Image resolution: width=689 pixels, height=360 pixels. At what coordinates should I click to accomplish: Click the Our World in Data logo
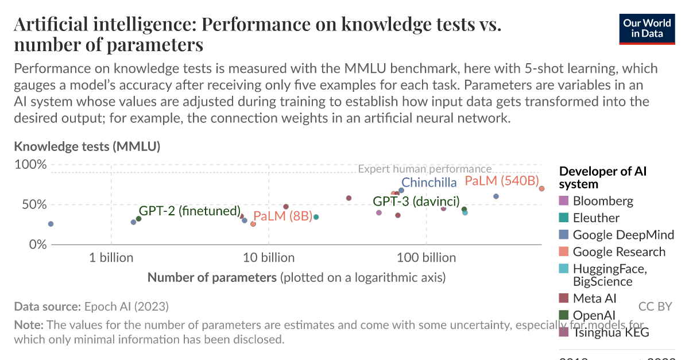tap(647, 28)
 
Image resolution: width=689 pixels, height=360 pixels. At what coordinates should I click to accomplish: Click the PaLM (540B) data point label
tap(502, 181)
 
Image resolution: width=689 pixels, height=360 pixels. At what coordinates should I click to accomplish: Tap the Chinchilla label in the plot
tap(429, 183)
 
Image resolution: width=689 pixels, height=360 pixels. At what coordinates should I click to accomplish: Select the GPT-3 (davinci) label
tap(416, 202)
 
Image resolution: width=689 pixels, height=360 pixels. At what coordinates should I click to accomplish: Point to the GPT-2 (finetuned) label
tap(189, 211)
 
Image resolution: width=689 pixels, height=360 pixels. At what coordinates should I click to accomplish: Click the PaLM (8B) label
tap(282, 216)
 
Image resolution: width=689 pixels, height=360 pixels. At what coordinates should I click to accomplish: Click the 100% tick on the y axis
tap(30, 165)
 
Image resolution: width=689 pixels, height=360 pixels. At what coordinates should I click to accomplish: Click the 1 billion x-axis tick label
tap(111, 258)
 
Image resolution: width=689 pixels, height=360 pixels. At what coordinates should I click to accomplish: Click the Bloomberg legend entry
tap(603, 201)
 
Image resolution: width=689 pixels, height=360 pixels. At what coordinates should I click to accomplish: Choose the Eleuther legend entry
tap(595, 218)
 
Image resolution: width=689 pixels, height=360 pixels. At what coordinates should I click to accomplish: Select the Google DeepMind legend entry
tap(623, 235)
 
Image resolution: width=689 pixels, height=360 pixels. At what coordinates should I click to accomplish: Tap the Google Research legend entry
tap(619, 252)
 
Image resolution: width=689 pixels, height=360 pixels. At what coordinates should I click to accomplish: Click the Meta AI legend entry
tap(594, 299)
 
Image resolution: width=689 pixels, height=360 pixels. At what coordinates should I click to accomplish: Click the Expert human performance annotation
tap(424, 169)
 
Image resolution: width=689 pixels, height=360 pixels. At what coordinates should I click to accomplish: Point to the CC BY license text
tap(655, 307)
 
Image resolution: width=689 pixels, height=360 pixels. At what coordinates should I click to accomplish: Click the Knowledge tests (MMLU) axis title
tap(87, 146)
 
